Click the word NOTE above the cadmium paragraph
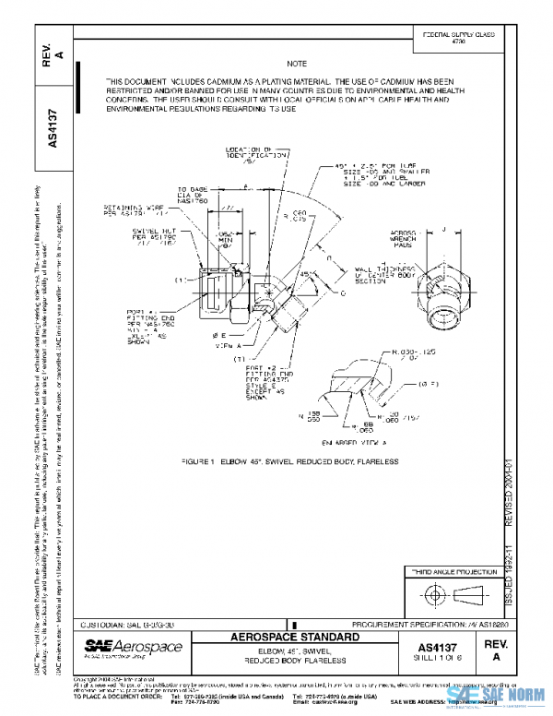[x=297, y=63]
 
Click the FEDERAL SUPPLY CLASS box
[x=457, y=39]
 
